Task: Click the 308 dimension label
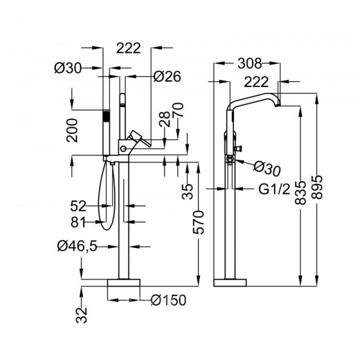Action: point(250,64)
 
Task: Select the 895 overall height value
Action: point(317,187)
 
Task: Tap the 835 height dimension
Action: point(301,193)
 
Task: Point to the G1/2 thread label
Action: point(274,190)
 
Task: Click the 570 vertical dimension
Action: point(199,222)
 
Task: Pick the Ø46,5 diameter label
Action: point(77,246)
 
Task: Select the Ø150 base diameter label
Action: point(169,300)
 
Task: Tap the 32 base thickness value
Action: point(82,315)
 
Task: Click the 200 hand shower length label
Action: point(72,130)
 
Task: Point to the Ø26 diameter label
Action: point(167,76)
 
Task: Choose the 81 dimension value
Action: point(78,222)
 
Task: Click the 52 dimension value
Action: point(78,206)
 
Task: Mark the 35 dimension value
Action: point(188,191)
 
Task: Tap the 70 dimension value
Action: point(179,110)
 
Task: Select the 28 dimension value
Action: point(165,119)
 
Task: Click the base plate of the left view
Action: point(124,283)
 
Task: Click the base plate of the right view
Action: point(230,283)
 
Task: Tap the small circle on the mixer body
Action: point(123,149)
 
